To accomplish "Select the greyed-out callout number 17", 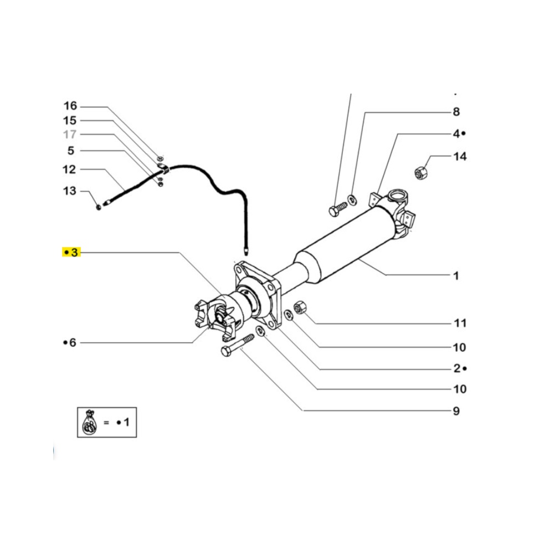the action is pyautogui.click(x=70, y=134).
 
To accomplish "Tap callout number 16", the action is pyautogui.click(x=70, y=106).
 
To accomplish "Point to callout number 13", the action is pyautogui.click(x=70, y=191).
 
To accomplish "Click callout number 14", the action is pyautogui.click(x=460, y=156).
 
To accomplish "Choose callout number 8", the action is pyautogui.click(x=456, y=112).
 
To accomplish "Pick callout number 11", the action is pyautogui.click(x=460, y=323).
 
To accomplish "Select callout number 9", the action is pyautogui.click(x=456, y=411).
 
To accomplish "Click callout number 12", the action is pyautogui.click(x=69, y=169).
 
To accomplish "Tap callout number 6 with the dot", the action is pyautogui.click(x=70, y=342).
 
